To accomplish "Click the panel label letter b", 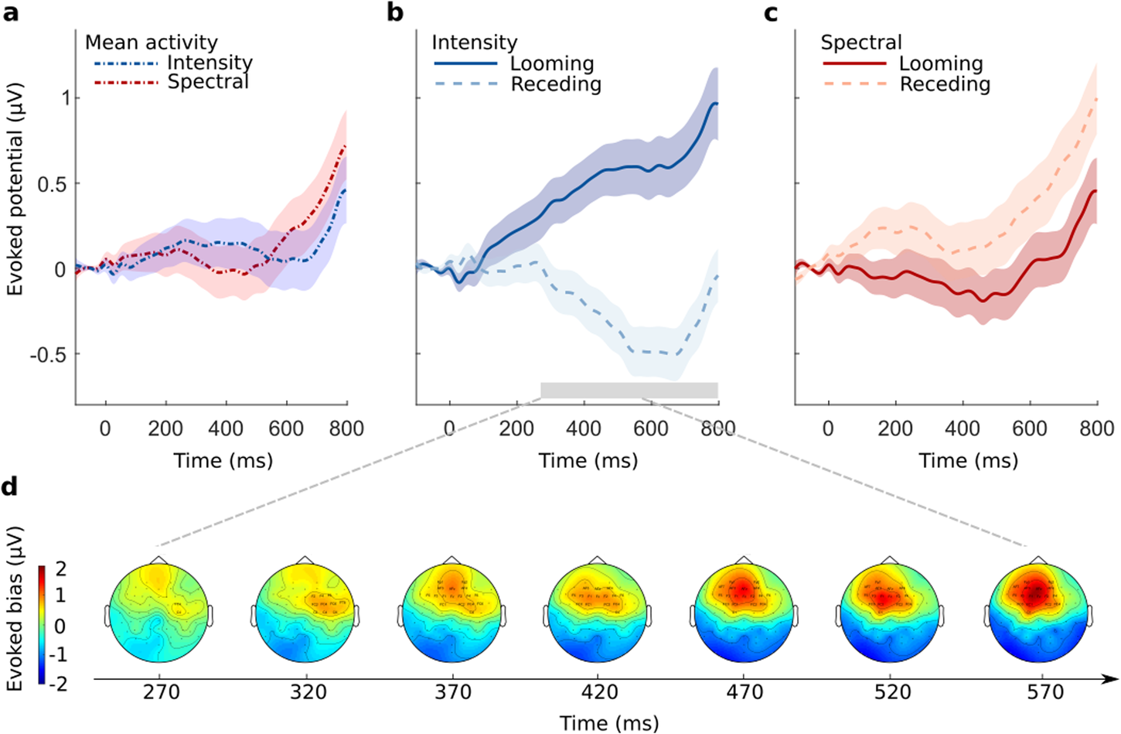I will point(395,13).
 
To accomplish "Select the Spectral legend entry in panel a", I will point(208,82).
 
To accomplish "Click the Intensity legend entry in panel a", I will point(210,63).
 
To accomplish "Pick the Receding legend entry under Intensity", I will point(556,84).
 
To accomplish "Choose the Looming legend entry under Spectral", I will point(941,63).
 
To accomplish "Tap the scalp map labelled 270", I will point(159,613).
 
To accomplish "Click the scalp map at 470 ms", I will point(743,613).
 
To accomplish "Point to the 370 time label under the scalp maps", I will point(453,692).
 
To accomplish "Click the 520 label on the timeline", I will point(893,692).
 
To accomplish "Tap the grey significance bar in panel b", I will point(629,391).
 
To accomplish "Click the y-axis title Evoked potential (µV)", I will point(15,189).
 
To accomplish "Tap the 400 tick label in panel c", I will point(963,428).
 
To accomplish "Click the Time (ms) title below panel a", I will point(223,461).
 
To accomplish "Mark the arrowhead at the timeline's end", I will point(1111,679).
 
